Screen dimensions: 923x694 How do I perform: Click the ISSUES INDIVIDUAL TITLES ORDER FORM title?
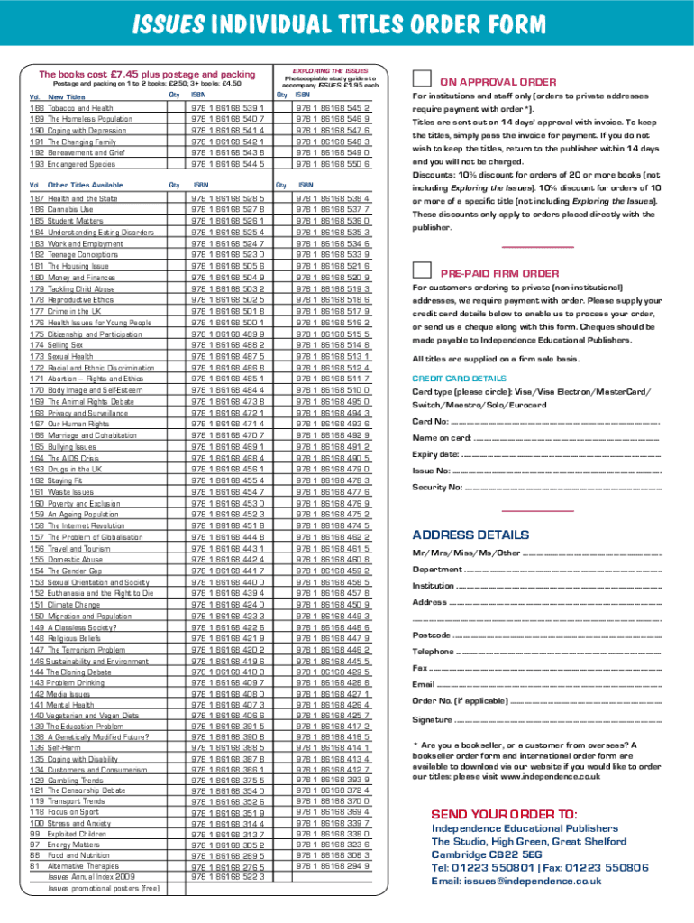(x=347, y=23)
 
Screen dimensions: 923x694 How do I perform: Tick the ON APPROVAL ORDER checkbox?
(x=422, y=81)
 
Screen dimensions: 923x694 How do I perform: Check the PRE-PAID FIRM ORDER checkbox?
(x=422, y=271)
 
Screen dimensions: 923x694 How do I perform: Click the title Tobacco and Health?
(x=82, y=108)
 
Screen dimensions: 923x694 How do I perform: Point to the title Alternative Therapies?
(x=88, y=864)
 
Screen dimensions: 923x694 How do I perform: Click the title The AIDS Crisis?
(x=73, y=458)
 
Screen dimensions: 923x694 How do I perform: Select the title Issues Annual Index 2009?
(x=91, y=876)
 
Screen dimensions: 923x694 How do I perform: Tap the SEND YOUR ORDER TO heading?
(x=504, y=814)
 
